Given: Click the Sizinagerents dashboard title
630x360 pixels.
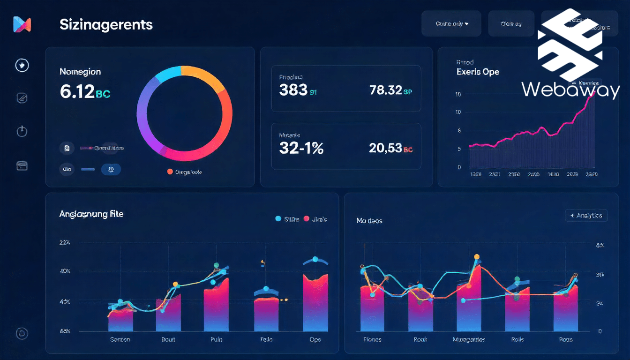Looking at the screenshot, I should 106,25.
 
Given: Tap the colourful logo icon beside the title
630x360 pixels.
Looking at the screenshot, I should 22,24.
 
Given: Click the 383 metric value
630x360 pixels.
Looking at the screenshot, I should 293,90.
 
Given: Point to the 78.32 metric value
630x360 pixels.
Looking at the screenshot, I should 386,90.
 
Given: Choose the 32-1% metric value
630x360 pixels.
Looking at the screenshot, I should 301,148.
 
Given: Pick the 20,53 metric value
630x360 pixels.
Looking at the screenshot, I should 386,148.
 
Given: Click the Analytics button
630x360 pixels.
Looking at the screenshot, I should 586,216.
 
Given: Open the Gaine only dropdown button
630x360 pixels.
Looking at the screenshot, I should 451,24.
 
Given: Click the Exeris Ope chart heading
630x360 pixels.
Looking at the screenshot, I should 478,72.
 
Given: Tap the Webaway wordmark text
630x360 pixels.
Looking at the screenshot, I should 570,90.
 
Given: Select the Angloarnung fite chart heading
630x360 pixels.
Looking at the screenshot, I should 91,214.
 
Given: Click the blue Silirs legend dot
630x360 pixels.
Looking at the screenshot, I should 278,219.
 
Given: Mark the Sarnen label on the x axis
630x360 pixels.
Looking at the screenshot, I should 120,339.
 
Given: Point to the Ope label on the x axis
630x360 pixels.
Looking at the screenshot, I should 315,339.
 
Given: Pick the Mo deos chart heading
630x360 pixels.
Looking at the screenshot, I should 369,220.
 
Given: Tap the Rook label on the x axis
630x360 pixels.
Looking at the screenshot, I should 420,339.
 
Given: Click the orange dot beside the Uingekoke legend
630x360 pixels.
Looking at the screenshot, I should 170,172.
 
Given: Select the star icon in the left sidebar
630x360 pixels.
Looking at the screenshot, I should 22,65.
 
